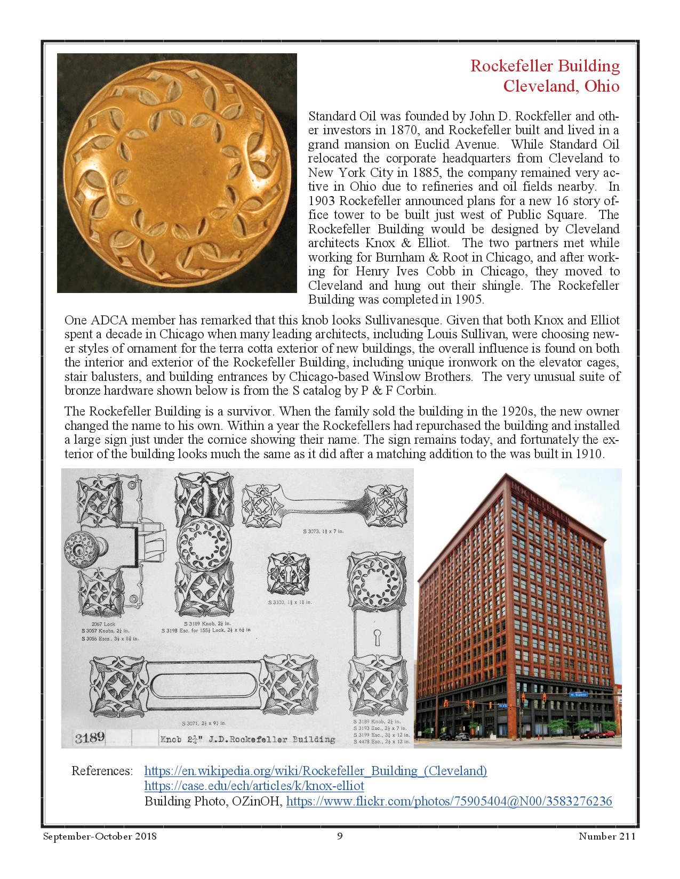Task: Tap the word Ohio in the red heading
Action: [x=602, y=86]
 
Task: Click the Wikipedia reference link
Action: [x=316, y=771]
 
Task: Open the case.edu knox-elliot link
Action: [x=254, y=786]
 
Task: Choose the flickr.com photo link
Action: [x=449, y=801]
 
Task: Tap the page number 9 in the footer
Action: [x=340, y=836]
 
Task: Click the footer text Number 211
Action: [x=607, y=836]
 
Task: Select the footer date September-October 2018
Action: [x=100, y=836]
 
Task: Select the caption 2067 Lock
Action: [x=103, y=624]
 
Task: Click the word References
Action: [x=102, y=771]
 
